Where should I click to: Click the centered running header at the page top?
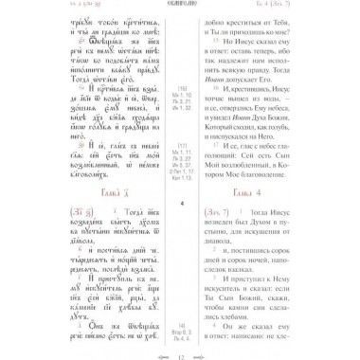pos(180,8)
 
